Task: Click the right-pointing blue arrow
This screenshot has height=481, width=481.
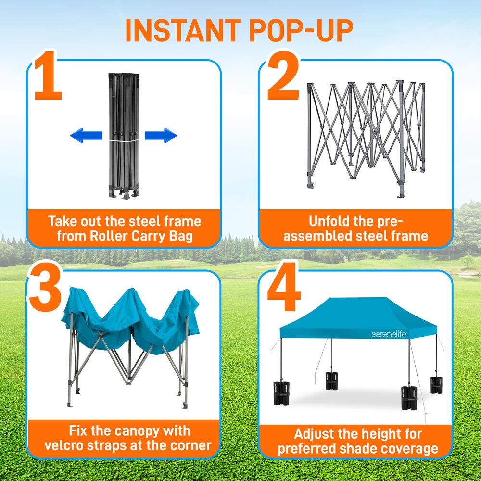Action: [x=161, y=136]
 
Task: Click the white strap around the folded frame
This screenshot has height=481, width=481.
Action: [x=123, y=141]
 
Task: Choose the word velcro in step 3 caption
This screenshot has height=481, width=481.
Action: [x=68, y=445]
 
